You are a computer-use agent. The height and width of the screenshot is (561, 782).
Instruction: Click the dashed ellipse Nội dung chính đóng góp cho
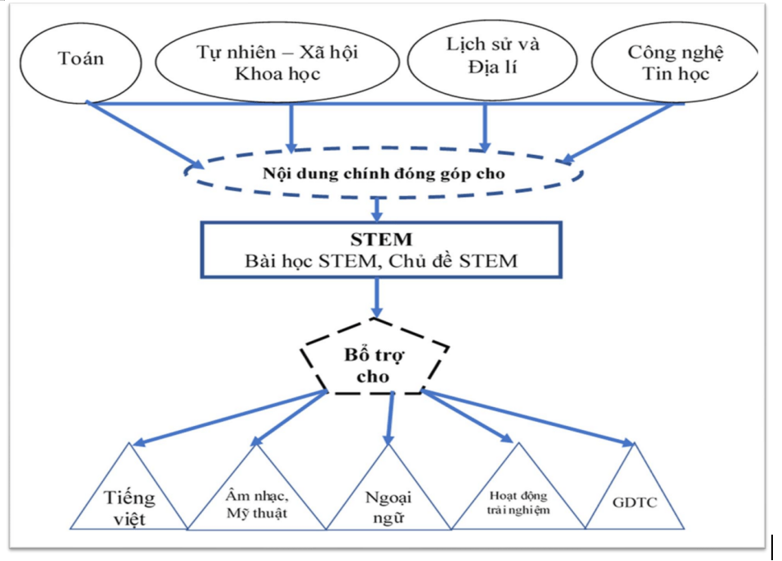(x=384, y=174)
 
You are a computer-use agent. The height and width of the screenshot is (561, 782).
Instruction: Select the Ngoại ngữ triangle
(x=386, y=503)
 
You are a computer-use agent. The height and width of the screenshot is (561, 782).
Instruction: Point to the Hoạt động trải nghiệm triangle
(x=518, y=503)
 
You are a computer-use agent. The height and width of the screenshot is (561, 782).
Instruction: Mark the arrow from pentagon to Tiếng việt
(x=230, y=418)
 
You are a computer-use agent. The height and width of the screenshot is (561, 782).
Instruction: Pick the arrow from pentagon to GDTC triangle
(x=527, y=421)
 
